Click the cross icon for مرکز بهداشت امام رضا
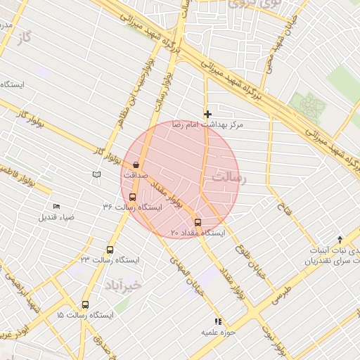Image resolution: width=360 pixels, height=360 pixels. pos(207,114)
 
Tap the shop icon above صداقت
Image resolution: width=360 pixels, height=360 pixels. pos(136,164)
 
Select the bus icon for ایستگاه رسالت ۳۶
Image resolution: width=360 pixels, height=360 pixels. pos(133,198)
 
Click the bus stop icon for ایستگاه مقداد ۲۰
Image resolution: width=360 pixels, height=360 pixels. pos(197,222)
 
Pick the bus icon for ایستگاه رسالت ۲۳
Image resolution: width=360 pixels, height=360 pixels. pos(110,250)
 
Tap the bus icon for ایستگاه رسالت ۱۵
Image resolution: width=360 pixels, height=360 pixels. pos(85,305)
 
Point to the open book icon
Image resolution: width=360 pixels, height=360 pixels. pos(96,174)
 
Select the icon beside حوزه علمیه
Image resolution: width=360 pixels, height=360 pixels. pos(218,321)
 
